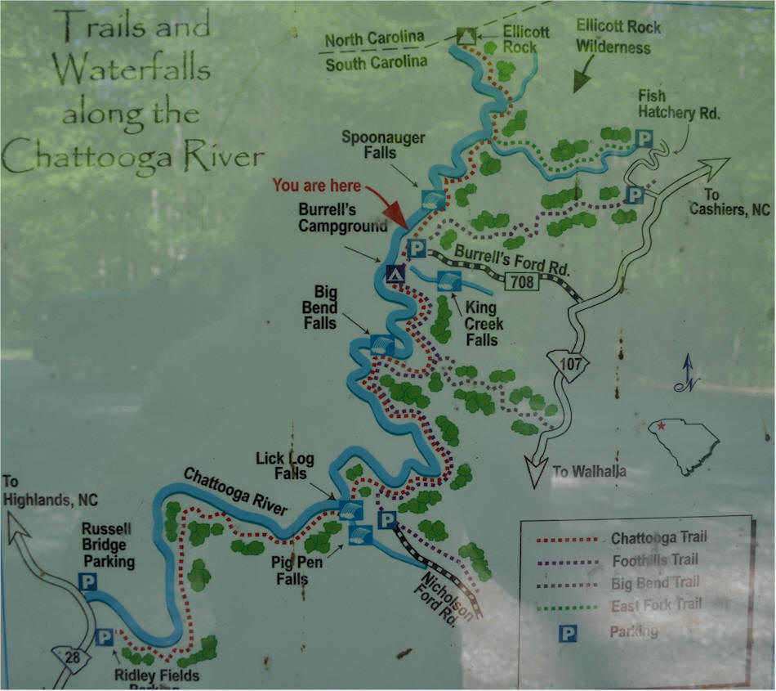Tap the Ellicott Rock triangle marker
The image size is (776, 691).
tap(466, 35)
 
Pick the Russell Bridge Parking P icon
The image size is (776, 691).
tap(87, 581)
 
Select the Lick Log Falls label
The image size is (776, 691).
tap(281, 465)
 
